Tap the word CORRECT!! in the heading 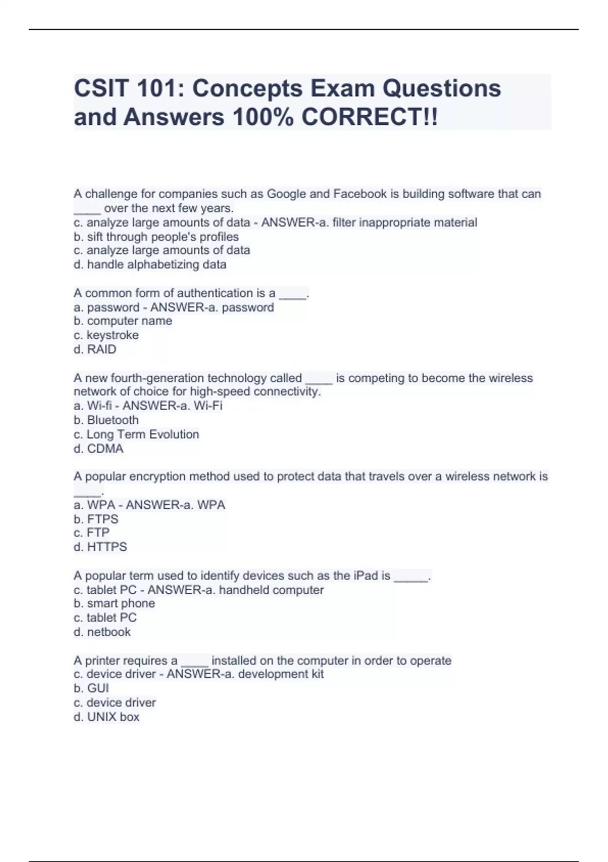click(x=369, y=117)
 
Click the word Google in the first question click(x=286, y=194)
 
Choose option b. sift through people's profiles click(x=156, y=237)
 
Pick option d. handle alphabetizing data click(x=150, y=265)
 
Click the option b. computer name click(x=123, y=321)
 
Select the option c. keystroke click(x=106, y=335)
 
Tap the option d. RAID click(x=95, y=349)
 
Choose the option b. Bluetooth click(x=106, y=420)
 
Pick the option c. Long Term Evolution click(x=136, y=435)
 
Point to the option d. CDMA click(x=98, y=449)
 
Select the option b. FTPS click(x=96, y=519)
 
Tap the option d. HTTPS click(x=100, y=547)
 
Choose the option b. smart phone click(x=115, y=603)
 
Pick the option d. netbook click(x=102, y=632)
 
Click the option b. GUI click(x=91, y=689)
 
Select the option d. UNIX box click(x=106, y=717)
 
